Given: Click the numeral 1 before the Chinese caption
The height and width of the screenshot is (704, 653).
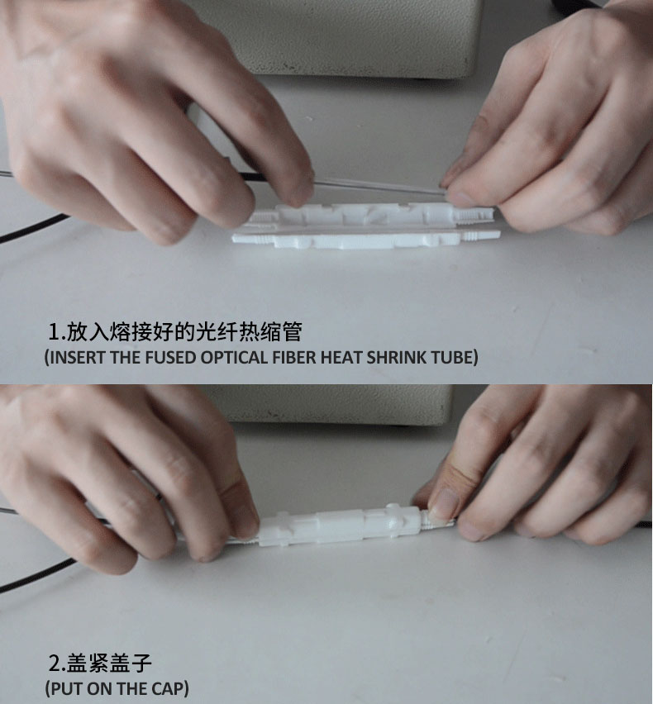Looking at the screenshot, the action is tap(54, 332).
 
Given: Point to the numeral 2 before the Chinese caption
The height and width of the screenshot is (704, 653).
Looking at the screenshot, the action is tap(55, 664).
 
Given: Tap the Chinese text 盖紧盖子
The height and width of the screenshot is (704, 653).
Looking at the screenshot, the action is tap(110, 664).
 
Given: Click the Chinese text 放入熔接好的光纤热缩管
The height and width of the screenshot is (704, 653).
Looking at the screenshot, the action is tap(184, 332).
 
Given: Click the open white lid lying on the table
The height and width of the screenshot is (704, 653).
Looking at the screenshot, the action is tap(366, 240).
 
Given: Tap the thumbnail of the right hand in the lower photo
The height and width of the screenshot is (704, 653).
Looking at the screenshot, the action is tap(443, 504).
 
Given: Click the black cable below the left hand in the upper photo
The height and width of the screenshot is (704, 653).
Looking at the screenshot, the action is tap(31, 229).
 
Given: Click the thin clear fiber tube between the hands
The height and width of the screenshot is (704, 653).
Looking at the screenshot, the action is tap(377, 186).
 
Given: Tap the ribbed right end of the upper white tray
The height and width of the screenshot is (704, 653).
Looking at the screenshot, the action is tap(476, 215).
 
